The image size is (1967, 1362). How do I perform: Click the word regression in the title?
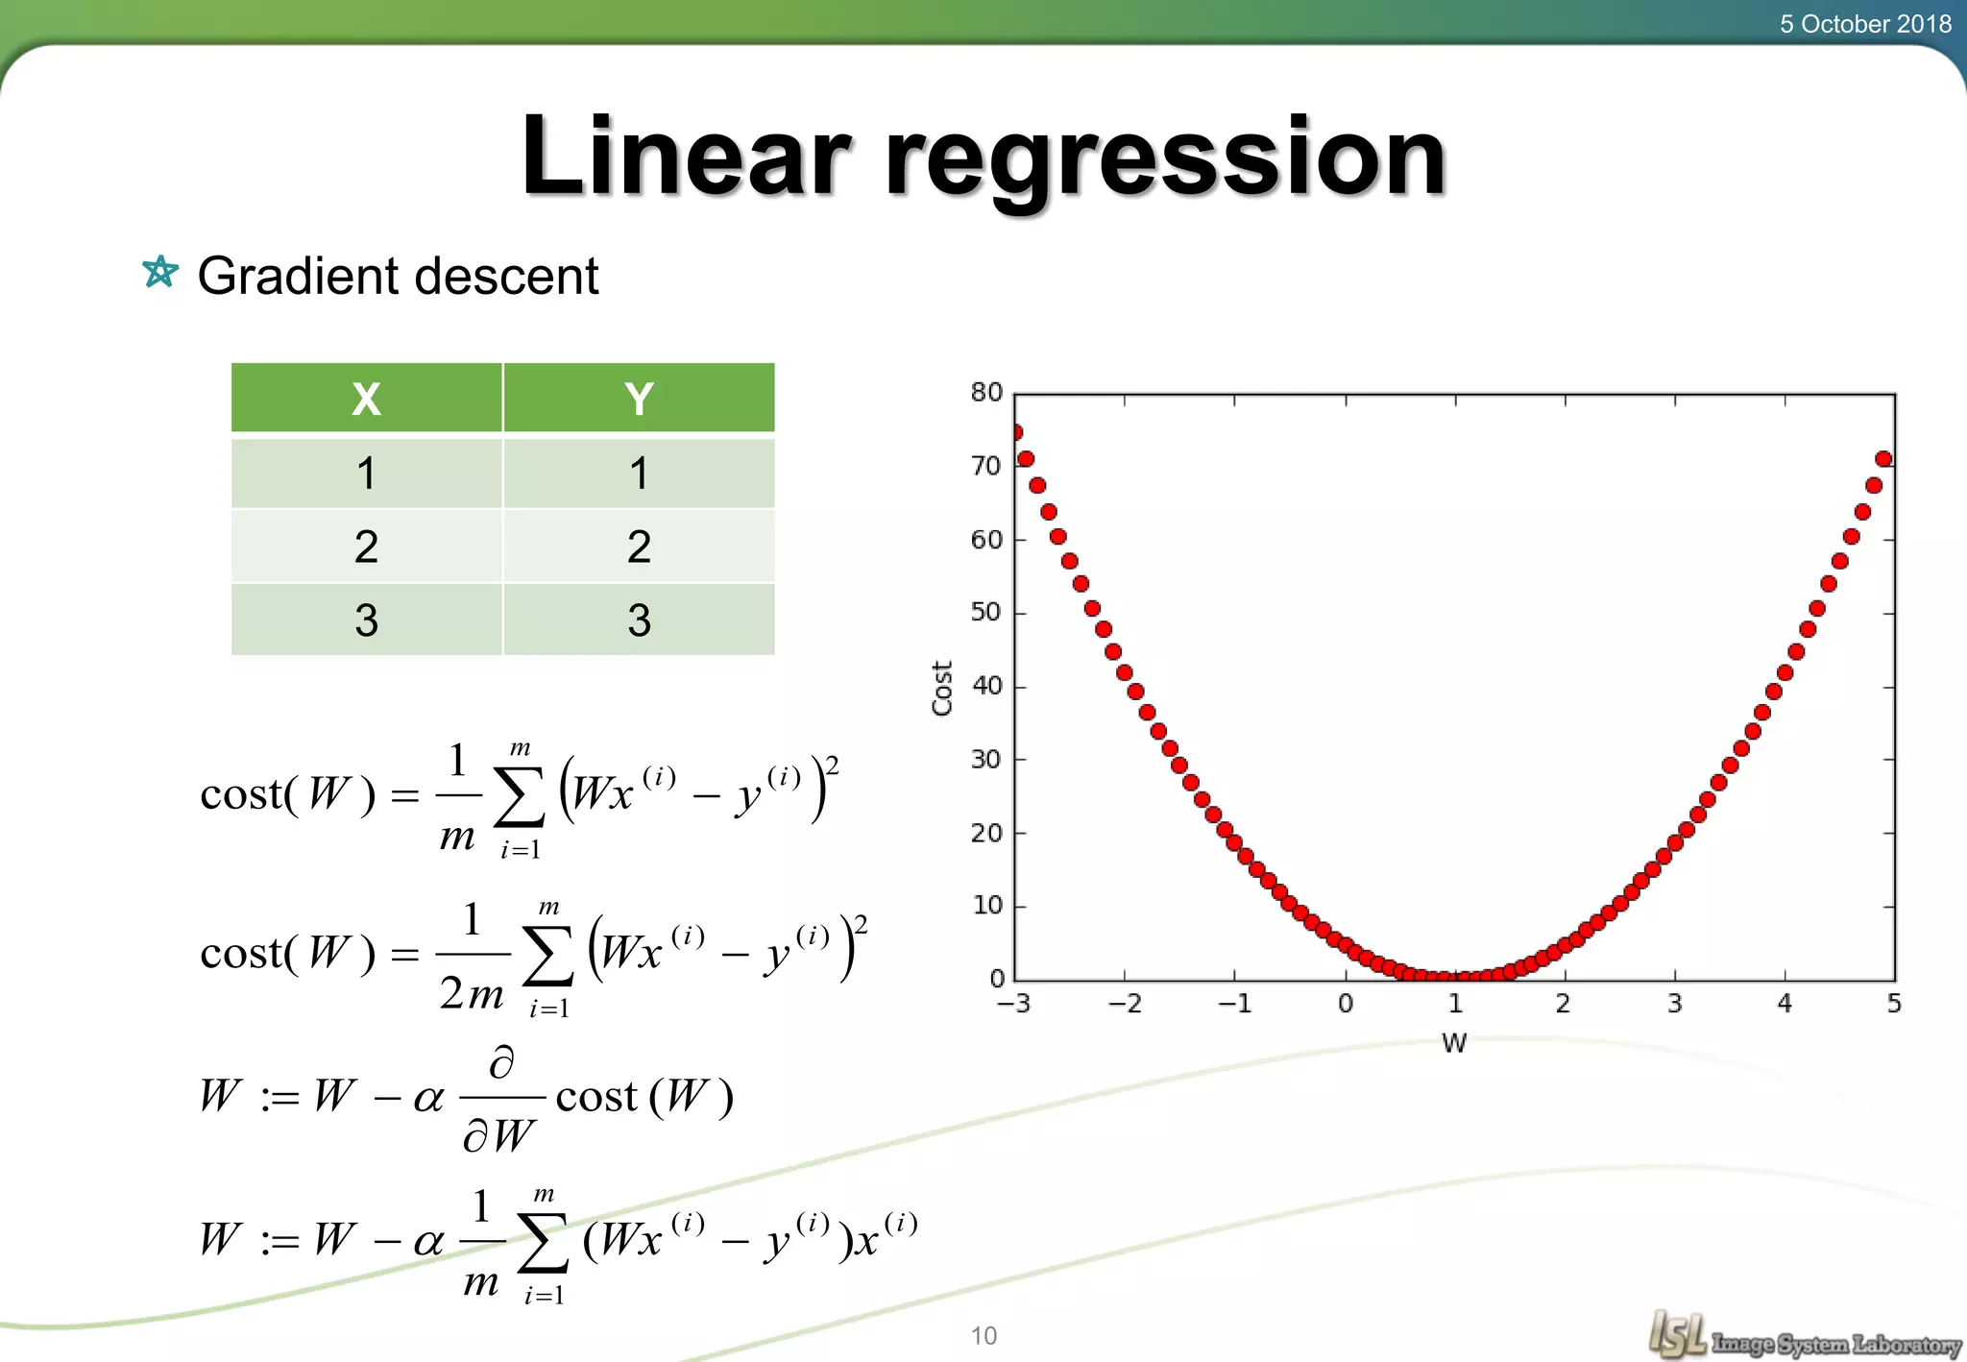coord(1164,158)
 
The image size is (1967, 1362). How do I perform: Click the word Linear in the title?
coord(685,156)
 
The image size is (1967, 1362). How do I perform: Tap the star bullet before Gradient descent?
coord(160,272)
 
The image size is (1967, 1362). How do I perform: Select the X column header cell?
coord(366,398)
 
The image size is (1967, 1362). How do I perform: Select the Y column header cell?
coord(639,398)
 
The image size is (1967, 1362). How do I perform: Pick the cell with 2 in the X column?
coord(366,547)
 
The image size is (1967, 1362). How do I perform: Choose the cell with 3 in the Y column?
coord(639,620)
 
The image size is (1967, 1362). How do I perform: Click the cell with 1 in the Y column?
coord(639,473)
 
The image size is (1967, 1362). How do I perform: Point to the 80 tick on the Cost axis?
coord(986,392)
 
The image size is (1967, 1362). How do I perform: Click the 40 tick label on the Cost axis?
coord(986,686)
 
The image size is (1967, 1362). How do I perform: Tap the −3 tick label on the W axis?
coord(1013,1004)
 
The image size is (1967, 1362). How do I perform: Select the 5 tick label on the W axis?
coord(1894,1004)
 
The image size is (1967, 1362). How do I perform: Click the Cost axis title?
coord(942,688)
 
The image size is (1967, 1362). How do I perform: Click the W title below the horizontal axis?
coord(1454,1043)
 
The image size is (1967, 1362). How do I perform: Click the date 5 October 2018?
coord(1864,24)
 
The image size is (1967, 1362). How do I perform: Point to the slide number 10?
coord(983,1335)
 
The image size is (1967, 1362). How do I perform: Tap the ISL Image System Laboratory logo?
coord(1804,1336)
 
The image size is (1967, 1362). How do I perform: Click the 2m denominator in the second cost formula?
coord(472,993)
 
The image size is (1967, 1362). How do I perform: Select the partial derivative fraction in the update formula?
coord(501,1098)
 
